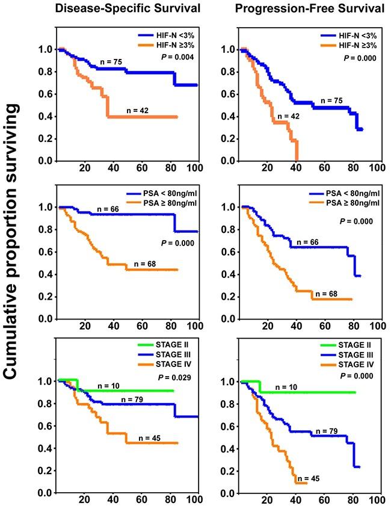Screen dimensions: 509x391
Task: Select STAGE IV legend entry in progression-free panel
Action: point(354,364)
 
